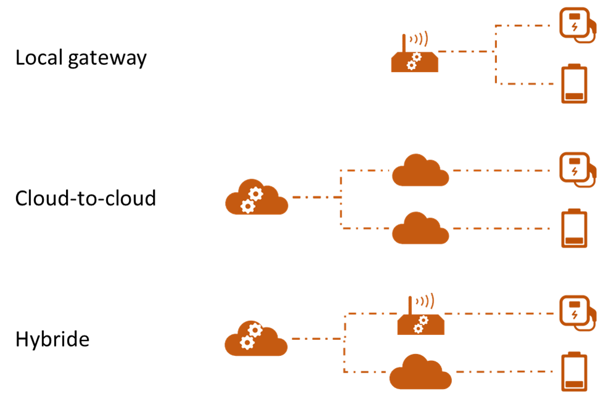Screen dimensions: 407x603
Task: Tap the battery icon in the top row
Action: (574, 84)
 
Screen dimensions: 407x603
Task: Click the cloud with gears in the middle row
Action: (256, 199)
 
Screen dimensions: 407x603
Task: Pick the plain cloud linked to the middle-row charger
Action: (420, 171)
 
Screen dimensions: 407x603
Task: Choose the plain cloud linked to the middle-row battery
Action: (420, 229)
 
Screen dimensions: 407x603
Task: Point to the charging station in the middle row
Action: (576, 169)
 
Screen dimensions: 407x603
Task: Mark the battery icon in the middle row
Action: (574, 228)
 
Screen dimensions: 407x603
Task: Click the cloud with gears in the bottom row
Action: (255, 339)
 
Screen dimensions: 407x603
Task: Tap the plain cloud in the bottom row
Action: (420, 373)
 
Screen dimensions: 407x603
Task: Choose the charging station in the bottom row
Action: (576, 312)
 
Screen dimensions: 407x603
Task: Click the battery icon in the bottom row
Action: (574, 372)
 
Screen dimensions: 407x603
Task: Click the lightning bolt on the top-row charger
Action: (575, 27)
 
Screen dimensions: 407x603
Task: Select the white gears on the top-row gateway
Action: (414, 61)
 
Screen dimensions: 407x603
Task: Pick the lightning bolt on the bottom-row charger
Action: (575, 315)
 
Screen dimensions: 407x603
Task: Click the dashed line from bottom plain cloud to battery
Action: (503, 372)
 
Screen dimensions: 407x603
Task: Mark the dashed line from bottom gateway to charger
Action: (499, 313)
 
